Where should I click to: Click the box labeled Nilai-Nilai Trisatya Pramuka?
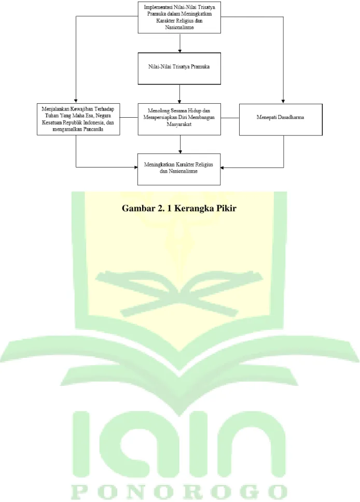(x=179, y=68)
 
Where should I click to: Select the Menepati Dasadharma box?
(x=281, y=119)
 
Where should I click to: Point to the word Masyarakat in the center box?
(x=179, y=124)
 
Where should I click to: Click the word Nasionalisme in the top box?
(x=179, y=27)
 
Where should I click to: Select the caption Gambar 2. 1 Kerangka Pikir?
(x=179, y=208)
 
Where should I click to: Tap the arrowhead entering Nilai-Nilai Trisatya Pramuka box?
(x=179, y=51)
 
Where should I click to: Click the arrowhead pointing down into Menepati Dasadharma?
(x=283, y=102)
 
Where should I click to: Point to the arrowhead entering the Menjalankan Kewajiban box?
(x=76, y=101)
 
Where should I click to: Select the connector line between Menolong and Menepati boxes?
(x=230, y=118)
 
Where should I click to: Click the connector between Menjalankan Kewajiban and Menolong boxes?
(x=129, y=118)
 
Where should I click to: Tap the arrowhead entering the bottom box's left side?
(x=136, y=167)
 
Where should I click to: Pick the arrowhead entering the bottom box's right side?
(x=223, y=168)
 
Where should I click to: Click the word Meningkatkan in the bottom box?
(x=159, y=164)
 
